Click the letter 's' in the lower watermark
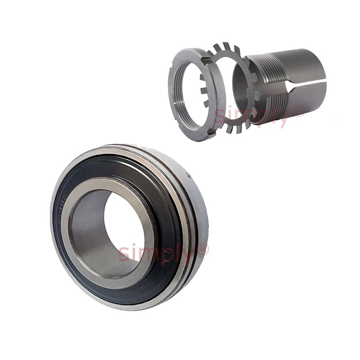pyautogui.click(x=123, y=255)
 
